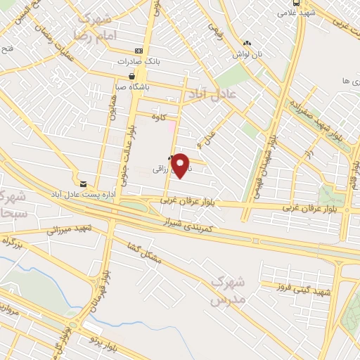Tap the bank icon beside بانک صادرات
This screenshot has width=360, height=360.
coord(138,51)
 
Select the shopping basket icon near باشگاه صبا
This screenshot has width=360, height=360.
coord(131,76)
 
